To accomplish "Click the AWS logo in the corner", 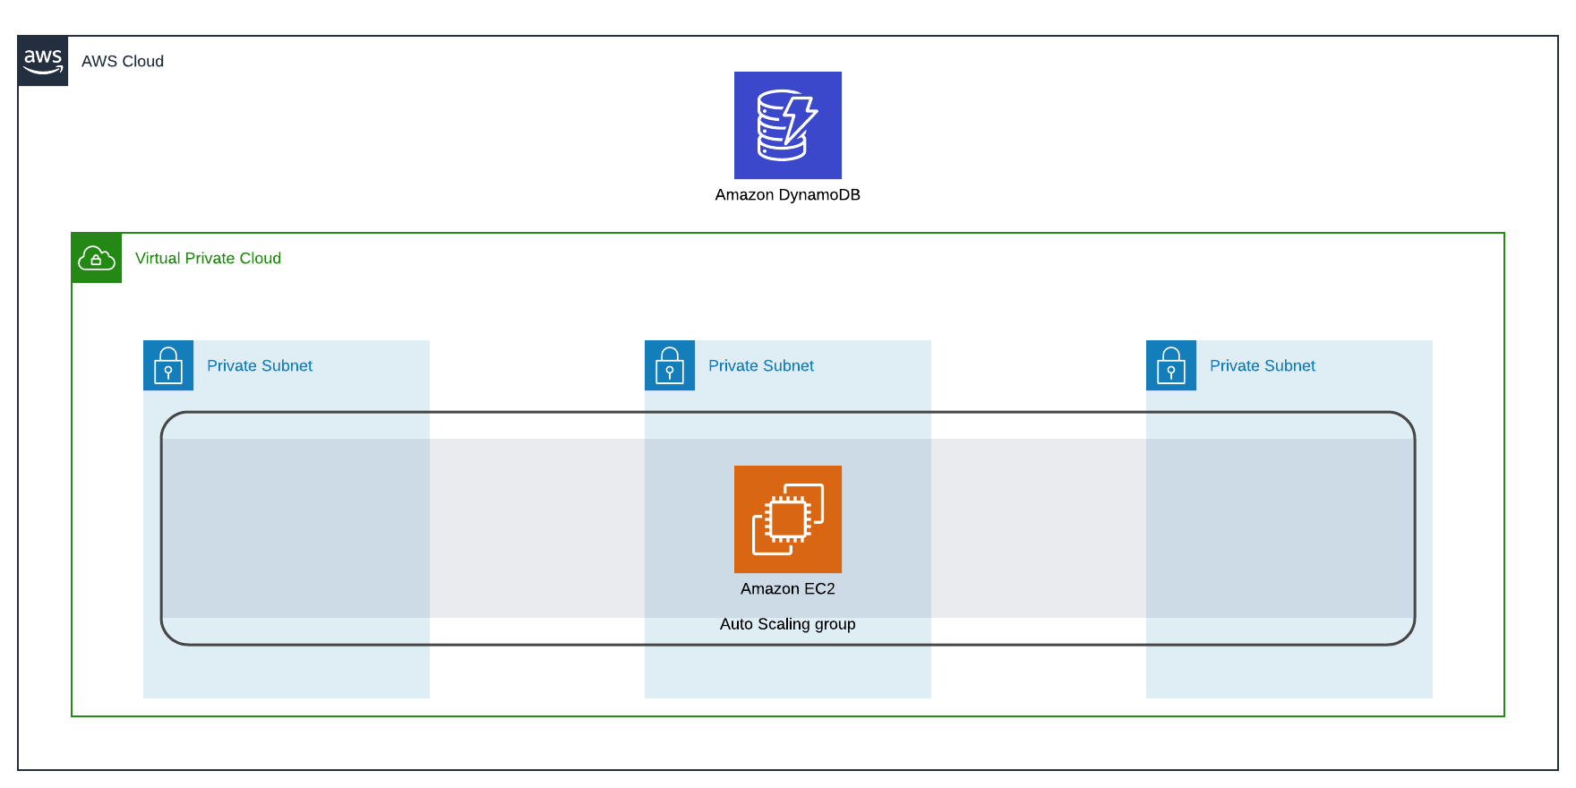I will [x=43, y=61].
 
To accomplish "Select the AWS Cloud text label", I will [x=123, y=61].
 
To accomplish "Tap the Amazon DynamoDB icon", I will [x=787, y=125].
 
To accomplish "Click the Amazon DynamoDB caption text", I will [x=787, y=194].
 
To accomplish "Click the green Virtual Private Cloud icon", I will [x=97, y=258].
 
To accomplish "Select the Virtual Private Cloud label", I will [x=208, y=258].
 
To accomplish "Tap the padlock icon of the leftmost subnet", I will [x=168, y=365].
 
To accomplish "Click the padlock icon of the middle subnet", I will [x=670, y=365].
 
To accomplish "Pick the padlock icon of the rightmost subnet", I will [x=1171, y=365].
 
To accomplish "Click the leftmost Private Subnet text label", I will [x=260, y=365].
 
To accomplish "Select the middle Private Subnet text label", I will [x=761, y=365].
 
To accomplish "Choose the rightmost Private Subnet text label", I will [x=1263, y=365].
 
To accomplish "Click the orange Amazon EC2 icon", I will [x=787, y=519].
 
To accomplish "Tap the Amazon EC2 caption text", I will [x=787, y=588].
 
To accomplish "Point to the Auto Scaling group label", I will [x=787, y=624].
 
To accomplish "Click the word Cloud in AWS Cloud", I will [x=142, y=61].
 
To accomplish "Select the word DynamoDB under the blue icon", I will [x=818, y=194].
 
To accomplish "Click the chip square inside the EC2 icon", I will [x=788, y=519].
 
